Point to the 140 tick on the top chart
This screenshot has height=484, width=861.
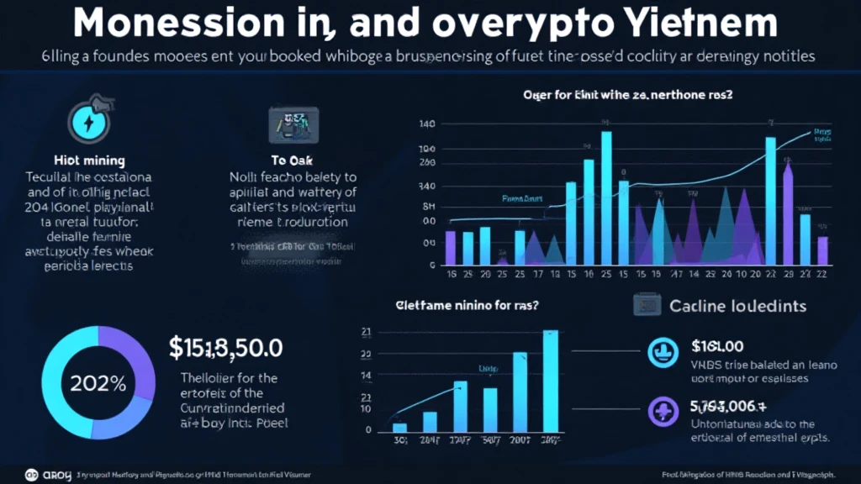[426, 124]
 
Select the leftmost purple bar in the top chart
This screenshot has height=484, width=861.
[451, 247]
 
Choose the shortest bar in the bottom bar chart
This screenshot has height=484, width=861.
[400, 427]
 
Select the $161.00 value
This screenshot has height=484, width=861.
[718, 345]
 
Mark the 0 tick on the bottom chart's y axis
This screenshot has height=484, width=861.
[369, 429]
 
